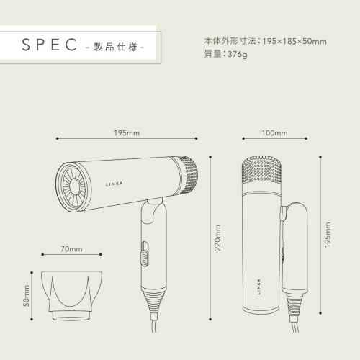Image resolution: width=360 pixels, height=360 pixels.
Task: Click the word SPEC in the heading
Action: pyautogui.click(x=49, y=45)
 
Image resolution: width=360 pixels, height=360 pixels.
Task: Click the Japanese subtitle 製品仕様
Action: pyautogui.click(x=115, y=47)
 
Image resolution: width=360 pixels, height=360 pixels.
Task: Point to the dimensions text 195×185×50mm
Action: pyautogui.click(x=294, y=41)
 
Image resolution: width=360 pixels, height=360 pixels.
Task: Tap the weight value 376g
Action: pyautogui.click(x=237, y=55)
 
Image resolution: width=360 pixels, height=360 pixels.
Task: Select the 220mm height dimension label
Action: pyautogui.click(x=217, y=238)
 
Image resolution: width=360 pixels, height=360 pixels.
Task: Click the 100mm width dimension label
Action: pyautogui.click(x=274, y=133)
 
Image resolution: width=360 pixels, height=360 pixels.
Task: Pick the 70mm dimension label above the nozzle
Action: pyautogui.click(x=71, y=249)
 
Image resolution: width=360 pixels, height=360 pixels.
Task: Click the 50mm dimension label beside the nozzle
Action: pyautogui.click(x=26, y=296)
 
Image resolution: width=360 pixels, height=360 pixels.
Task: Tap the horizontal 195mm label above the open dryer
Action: pyautogui.click(x=127, y=133)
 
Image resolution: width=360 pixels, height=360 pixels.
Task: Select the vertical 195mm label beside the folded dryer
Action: pyautogui.click(x=328, y=235)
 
